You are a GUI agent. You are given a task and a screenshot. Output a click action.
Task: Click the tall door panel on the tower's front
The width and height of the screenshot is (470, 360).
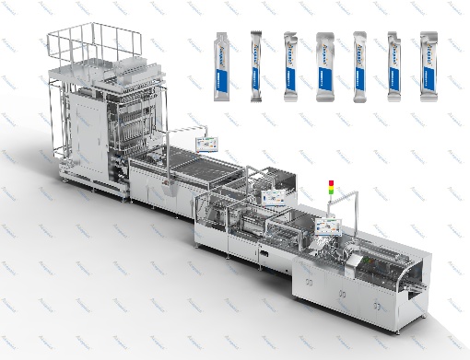[x=82, y=138]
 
